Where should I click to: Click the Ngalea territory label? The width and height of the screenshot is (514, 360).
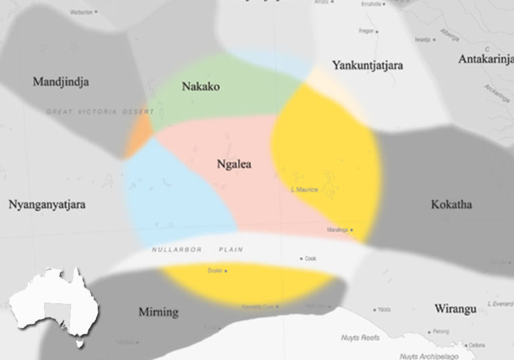click(234, 164)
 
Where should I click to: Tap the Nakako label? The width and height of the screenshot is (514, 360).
click(201, 87)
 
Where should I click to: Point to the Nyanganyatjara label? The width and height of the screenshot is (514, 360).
click(48, 205)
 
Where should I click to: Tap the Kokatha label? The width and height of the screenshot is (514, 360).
click(452, 204)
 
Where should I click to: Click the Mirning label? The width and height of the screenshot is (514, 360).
click(158, 312)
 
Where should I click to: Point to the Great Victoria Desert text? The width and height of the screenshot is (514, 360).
click(99, 112)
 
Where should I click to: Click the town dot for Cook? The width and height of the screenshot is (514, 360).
click(302, 258)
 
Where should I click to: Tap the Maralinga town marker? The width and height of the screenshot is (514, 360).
click(351, 230)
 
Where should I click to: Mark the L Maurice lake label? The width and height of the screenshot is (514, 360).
click(305, 190)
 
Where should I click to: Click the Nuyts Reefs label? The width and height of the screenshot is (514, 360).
click(361, 338)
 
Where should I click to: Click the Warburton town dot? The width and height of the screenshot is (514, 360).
click(96, 12)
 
